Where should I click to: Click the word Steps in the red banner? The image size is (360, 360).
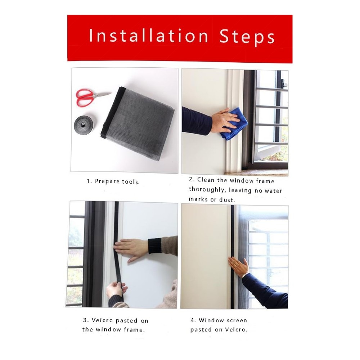pyautogui.click(x=247, y=37)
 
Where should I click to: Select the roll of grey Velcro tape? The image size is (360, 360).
pyautogui.click(x=84, y=125)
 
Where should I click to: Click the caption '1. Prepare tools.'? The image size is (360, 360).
pyautogui.click(x=113, y=181)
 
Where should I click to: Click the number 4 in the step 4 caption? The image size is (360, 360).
pyautogui.click(x=192, y=320)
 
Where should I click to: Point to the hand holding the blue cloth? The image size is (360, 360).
pyautogui.click(x=224, y=121)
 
